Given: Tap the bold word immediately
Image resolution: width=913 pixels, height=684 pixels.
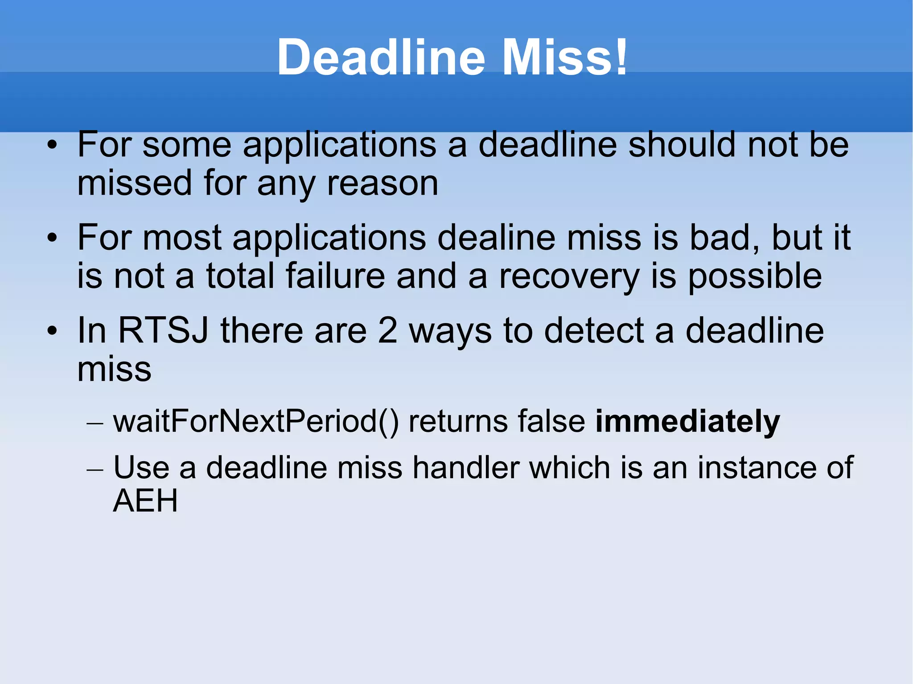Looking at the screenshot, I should click(687, 422).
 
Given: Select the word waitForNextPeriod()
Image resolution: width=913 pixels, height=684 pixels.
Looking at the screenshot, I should click(256, 422).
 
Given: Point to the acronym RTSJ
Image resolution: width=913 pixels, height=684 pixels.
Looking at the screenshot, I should click(163, 331).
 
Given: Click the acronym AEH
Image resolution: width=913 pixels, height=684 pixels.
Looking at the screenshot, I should click(145, 501).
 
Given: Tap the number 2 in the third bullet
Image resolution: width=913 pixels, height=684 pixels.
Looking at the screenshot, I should click(387, 331).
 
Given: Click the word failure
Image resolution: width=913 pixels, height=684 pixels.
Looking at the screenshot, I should click(335, 276).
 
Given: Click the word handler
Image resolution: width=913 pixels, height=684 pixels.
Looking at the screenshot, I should click(465, 468).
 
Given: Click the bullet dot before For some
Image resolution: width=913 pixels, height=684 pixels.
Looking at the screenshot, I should click(53, 146).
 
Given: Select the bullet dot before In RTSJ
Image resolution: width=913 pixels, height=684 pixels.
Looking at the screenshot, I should click(53, 331).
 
